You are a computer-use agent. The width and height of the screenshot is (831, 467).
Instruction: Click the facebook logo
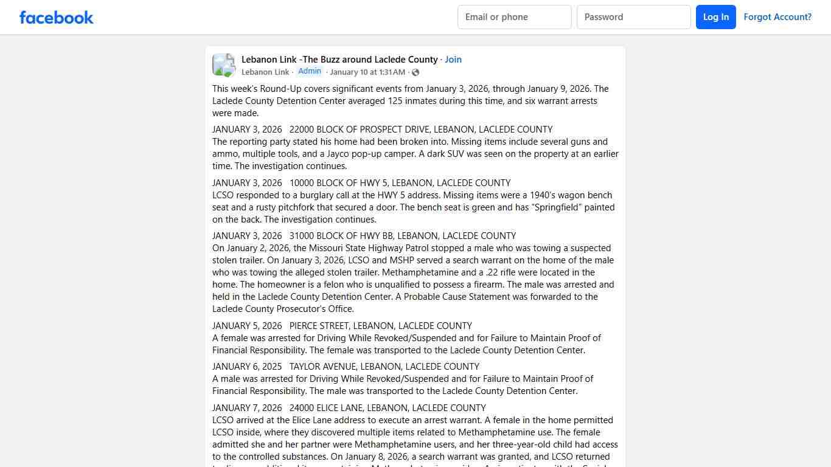(x=57, y=17)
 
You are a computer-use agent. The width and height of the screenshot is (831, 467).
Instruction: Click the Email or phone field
(x=514, y=17)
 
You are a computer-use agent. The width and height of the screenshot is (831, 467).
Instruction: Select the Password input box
(x=633, y=17)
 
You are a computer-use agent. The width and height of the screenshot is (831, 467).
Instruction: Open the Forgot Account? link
(x=777, y=17)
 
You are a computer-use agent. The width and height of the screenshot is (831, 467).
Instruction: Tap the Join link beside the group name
(x=453, y=60)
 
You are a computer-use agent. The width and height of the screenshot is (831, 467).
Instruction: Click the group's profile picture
(x=224, y=65)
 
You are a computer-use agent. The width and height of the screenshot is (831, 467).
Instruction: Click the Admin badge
(x=310, y=71)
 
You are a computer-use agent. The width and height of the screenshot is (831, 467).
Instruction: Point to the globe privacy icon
(x=415, y=72)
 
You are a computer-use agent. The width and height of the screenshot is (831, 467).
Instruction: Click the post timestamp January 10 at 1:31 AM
(x=367, y=72)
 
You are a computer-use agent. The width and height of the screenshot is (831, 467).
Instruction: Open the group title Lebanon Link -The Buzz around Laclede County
(x=339, y=60)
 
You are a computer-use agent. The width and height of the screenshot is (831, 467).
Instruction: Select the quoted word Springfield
(x=565, y=207)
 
